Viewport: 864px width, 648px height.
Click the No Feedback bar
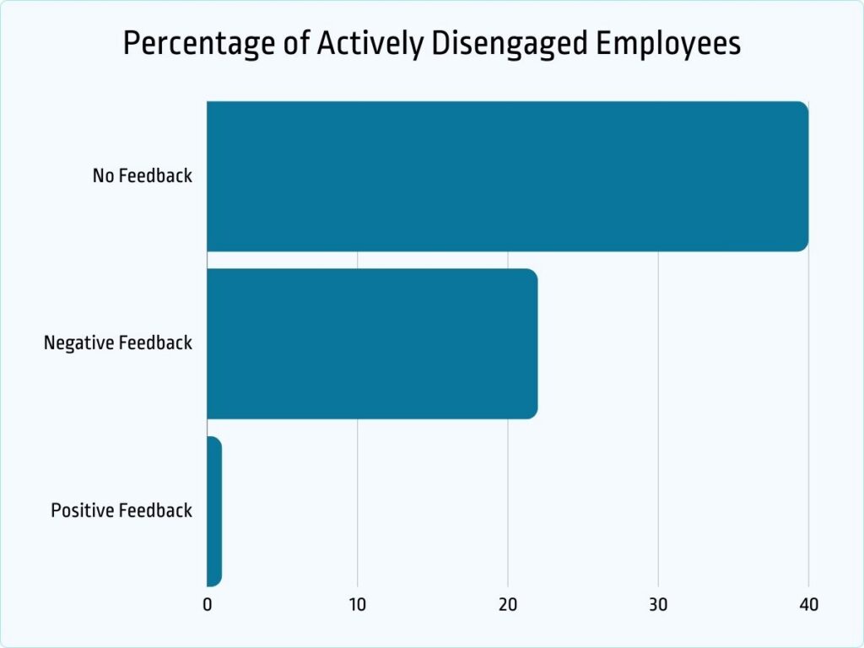[507, 176]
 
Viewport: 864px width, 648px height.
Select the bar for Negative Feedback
[372, 343]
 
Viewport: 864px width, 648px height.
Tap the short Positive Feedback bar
[214, 511]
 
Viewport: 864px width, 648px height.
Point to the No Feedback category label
[143, 176]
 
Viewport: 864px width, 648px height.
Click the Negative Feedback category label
[118, 343]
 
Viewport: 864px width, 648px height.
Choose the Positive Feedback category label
[121, 511]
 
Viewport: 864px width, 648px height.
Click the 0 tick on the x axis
[208, 605]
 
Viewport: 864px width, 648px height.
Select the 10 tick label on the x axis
[357, 605]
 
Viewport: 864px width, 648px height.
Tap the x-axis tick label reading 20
[508, 605]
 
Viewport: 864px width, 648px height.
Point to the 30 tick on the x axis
[658, 605]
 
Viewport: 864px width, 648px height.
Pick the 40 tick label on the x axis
[808, 605]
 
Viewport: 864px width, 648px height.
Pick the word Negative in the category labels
[79, 343]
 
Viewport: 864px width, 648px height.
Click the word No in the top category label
[103, 176]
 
